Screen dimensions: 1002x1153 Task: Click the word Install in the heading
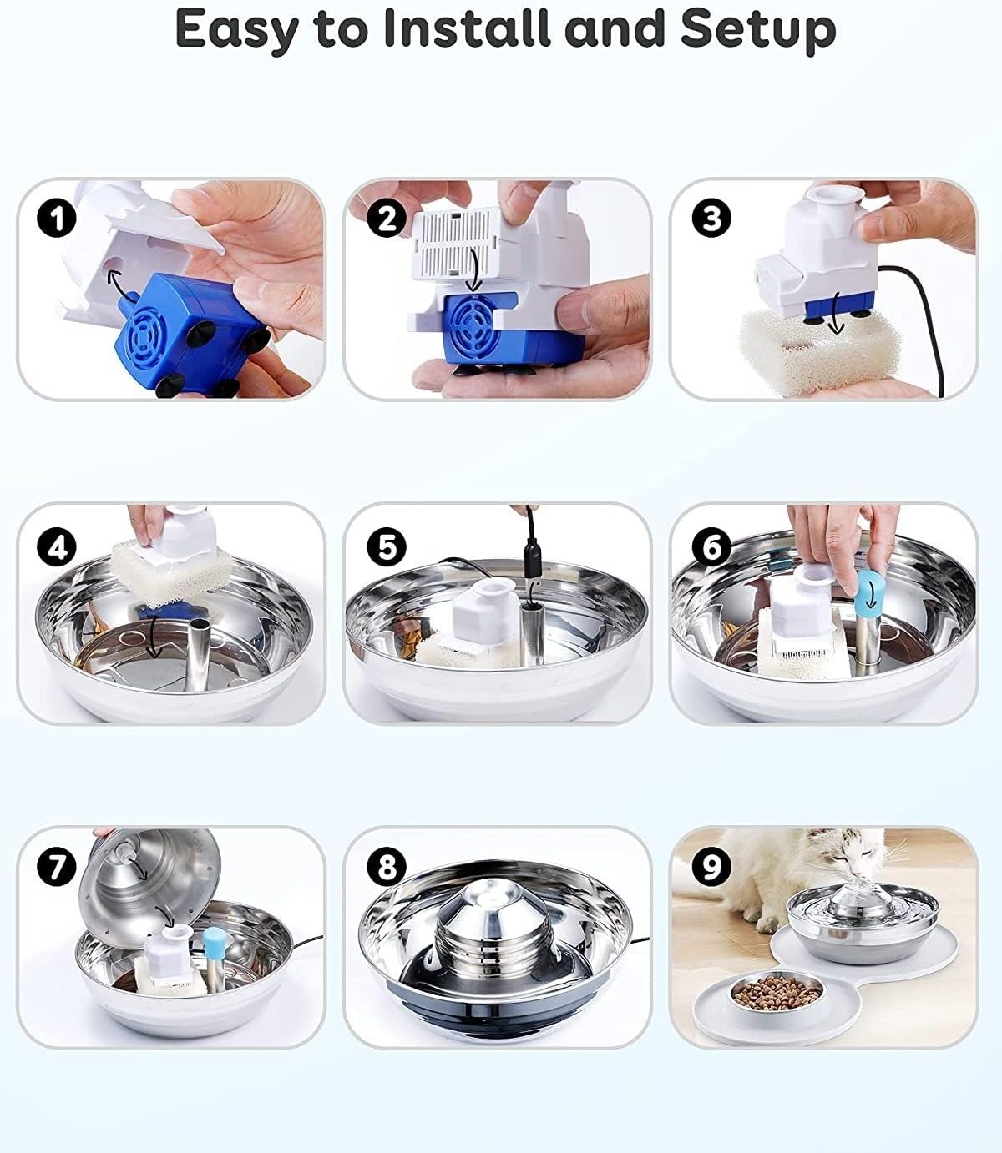coord(466,28)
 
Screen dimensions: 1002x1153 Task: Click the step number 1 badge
coord(57,218)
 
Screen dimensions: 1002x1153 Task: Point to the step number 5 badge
coord(387,546)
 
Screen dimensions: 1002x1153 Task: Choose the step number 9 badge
coord(711,866)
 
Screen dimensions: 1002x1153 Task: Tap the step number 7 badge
coord(57,866)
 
